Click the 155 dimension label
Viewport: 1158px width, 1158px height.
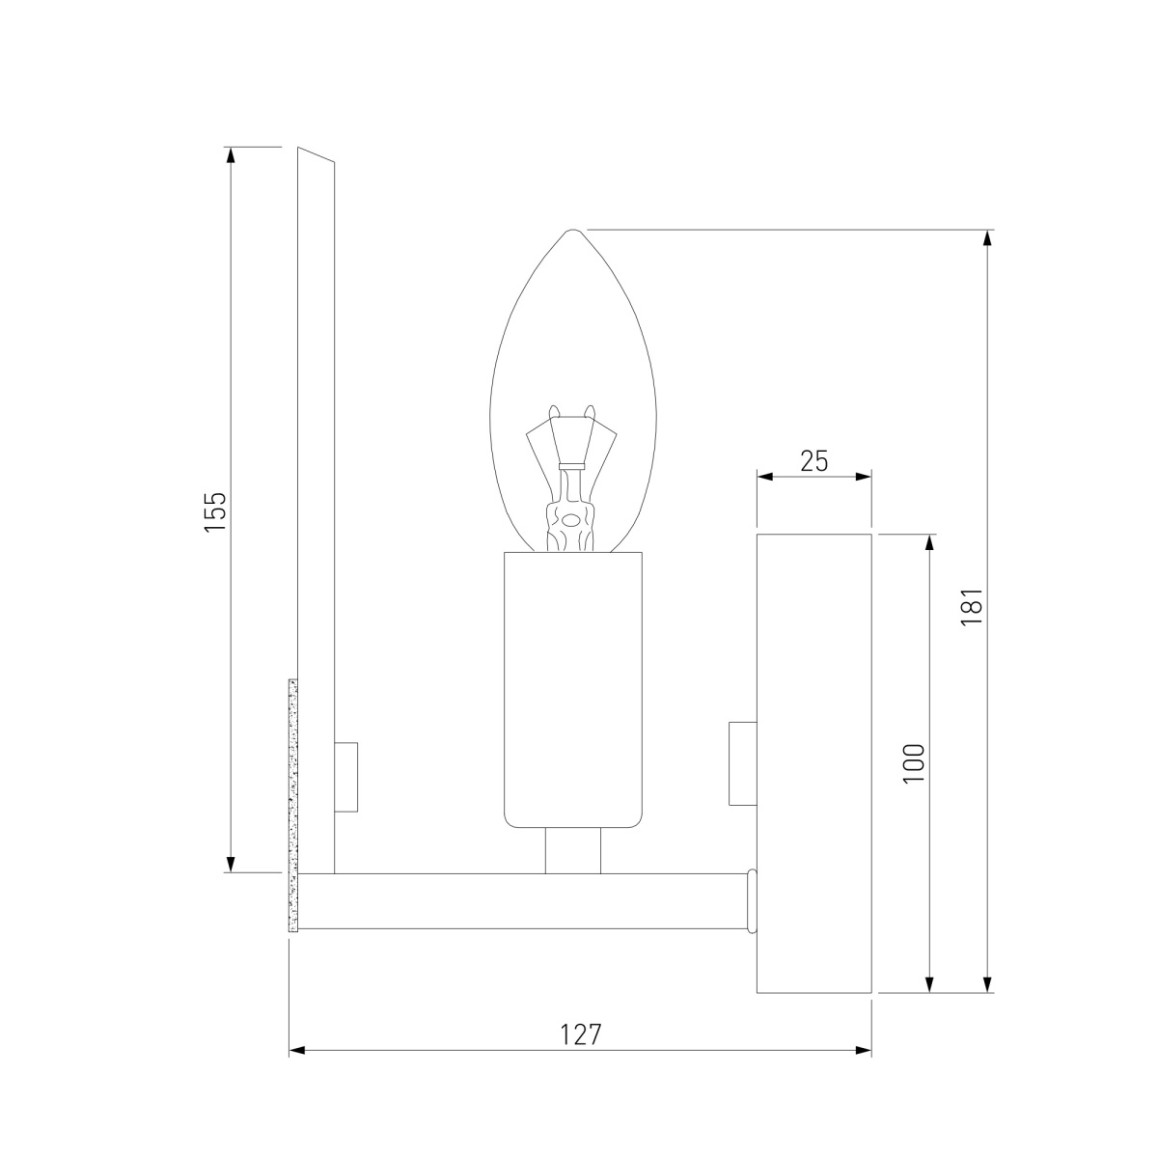(214, 510)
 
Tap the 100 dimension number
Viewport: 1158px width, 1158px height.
(914, 763)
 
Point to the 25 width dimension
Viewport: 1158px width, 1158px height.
(814, 461)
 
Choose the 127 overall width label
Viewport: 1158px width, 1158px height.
(581, 1034)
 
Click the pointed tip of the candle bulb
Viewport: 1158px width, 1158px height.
(573, 230)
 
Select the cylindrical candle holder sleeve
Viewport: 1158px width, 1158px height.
(572, 690)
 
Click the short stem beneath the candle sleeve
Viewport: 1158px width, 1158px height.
(572, 851)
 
